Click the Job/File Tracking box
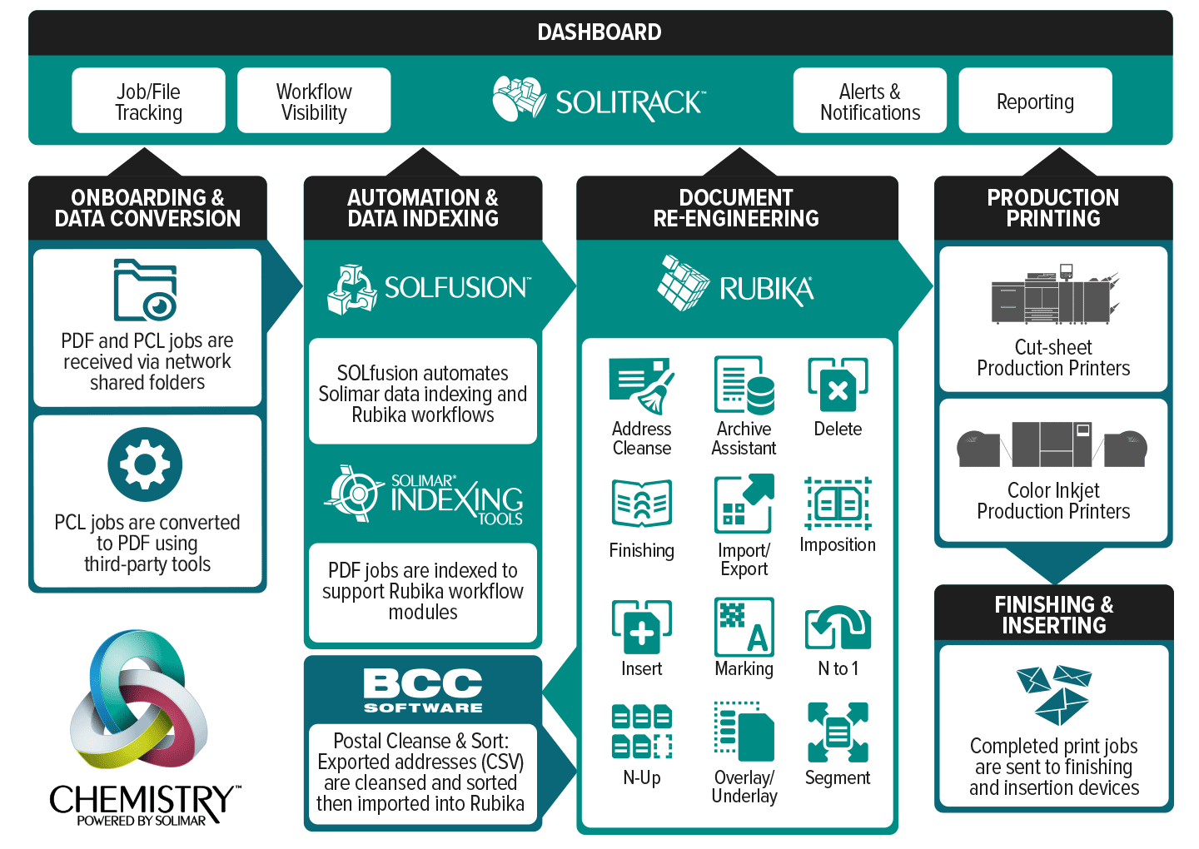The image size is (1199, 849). (148, 101)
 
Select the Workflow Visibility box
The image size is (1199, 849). (314, 101)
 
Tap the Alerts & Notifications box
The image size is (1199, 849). (870, 101)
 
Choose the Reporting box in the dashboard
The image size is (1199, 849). (1035, 101)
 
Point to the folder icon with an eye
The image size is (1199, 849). (145, 290)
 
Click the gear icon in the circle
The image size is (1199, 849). (145, 464)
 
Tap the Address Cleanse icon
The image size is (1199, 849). (641, 386)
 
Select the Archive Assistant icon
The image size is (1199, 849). (744, 385)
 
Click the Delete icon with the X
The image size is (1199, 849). (838, 385)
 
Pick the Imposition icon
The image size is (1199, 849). (838, 504)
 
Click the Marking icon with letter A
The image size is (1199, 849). (744, 627)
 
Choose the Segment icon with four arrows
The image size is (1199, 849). (838, 732)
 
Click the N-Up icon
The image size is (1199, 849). (641, 732)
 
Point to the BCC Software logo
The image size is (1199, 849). (423, 691)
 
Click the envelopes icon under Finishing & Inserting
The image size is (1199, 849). (1054, 695)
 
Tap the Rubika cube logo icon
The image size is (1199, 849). (684, 283)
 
